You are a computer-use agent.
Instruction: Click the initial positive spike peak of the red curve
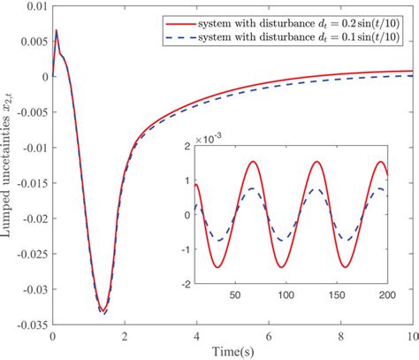[x=57, y=31]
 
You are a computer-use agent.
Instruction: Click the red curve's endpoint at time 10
[x=411, y=71]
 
